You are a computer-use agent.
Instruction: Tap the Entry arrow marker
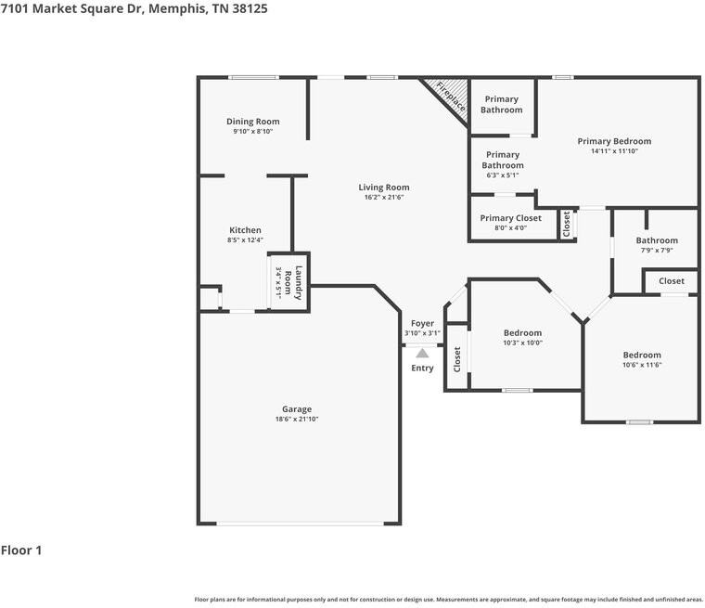(x=422, y=353)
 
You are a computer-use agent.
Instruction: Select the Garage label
(x=297, y=409)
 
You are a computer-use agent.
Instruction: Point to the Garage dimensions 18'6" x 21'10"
(x=297, y=420)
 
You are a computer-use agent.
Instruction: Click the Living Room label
(x=384, y=188)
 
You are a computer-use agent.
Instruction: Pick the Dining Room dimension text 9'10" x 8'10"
(x=253, y=132)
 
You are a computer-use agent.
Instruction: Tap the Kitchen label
(x=246, y=230)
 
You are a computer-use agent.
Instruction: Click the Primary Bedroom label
(x=614, y=141)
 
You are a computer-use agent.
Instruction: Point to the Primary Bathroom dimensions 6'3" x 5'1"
(x=502, y=175)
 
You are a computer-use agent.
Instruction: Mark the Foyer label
(x=422, y=323)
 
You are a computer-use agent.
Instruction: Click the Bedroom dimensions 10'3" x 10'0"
(x=522, y=343)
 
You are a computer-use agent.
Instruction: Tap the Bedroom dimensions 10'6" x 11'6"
(x=641, y=365)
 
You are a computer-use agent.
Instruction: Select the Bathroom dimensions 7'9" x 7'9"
(x=656, y=251)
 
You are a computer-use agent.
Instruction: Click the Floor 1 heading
(x=21, y=550)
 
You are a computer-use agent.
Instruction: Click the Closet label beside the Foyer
(x=456, y=359)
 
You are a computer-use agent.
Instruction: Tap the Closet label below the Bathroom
(x=672, y=281)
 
